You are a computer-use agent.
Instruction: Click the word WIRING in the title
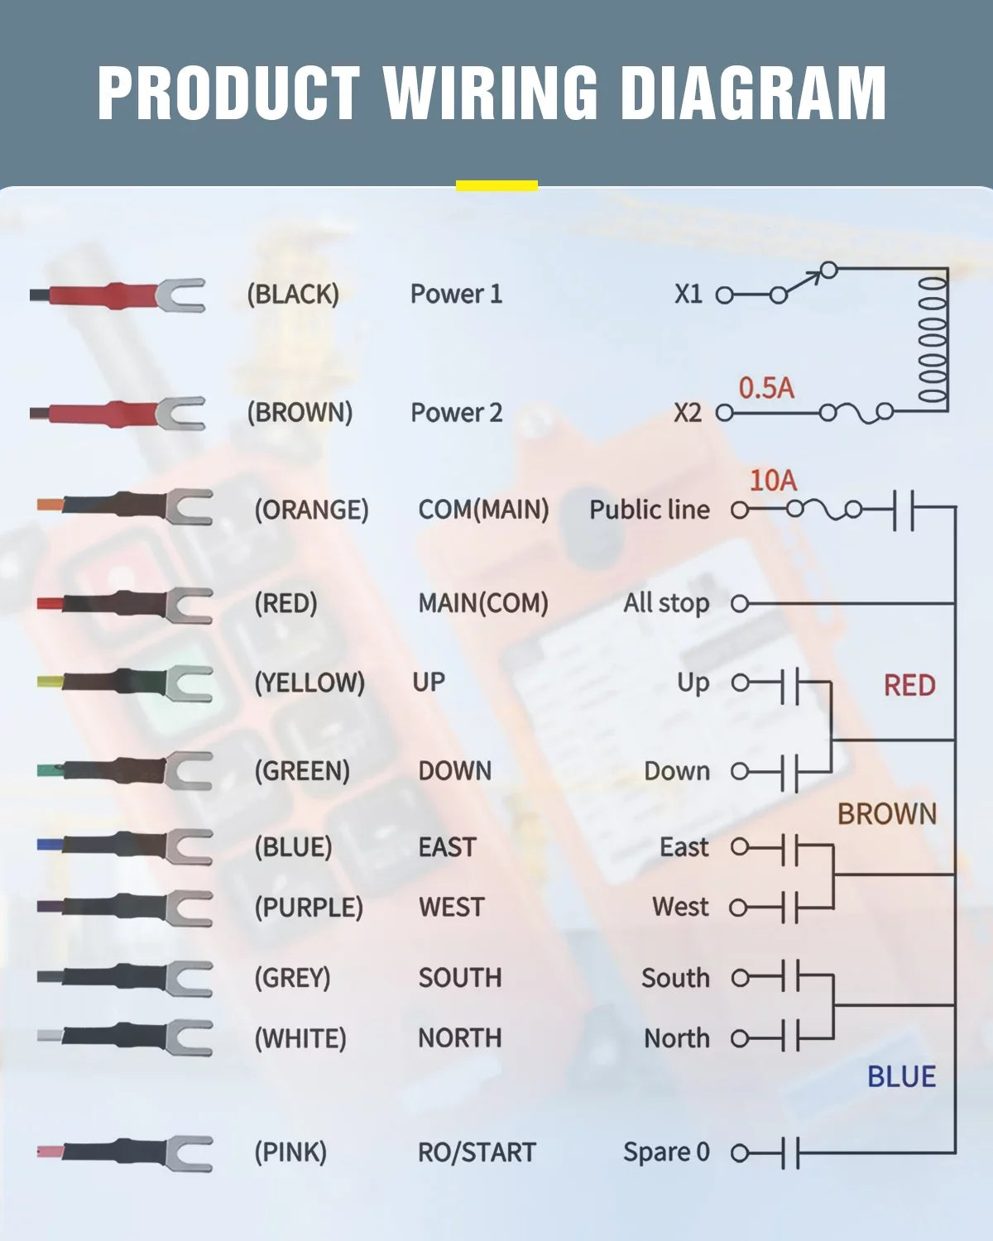[491, 93]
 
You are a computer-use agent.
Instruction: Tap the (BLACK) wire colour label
[293, 294]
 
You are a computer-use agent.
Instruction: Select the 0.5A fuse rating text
[766, 388]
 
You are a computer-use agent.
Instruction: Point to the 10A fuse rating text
[773, 480]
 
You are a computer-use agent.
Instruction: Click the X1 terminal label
[688, 294]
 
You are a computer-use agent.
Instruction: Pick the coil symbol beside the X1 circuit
[932, 339]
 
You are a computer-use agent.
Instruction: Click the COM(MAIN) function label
[483, 510]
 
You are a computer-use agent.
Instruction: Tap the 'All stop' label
[666, 604]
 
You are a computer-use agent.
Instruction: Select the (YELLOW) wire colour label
[309, 683]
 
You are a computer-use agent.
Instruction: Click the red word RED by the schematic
[909, 685]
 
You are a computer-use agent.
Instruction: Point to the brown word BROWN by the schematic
[887, 814]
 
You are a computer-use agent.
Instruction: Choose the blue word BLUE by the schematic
[901, 1076]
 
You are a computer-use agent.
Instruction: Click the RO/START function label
[477, 1152]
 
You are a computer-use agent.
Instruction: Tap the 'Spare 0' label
[666, 1152]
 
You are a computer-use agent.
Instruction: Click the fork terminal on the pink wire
[189, 1152]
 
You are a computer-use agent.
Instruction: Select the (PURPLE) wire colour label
[309, 908]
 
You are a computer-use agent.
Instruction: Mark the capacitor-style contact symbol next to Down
[790, 771]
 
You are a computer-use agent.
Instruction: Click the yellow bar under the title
[496, 185]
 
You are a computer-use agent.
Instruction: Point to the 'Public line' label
[650, 510]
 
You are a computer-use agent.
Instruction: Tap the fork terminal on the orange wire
[189, 506]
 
